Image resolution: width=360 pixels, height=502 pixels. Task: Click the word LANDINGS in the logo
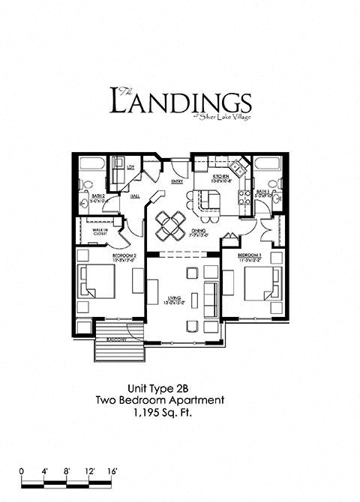[179, 102]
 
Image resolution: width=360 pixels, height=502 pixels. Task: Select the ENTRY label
[178, 181]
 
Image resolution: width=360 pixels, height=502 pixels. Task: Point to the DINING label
[197, 232]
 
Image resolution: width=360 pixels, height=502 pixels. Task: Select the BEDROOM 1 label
[249, 255]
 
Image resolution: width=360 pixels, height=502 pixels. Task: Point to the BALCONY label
[115, 340]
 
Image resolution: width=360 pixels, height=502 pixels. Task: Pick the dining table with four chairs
[169, 223]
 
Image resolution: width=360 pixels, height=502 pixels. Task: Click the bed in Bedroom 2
[97, 285]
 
